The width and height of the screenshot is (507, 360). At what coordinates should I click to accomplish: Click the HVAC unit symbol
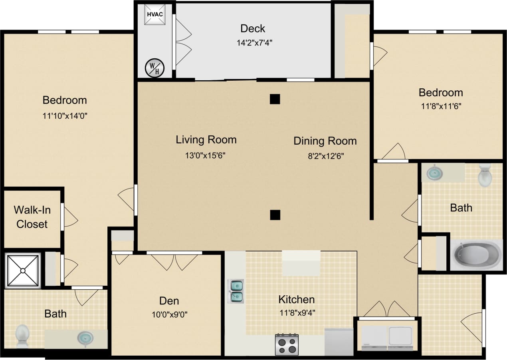click(x=154, y=14)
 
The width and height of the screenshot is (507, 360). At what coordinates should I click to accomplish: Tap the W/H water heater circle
click(x=154, y=67)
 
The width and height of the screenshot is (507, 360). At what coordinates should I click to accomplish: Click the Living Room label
click(x=206, y=139)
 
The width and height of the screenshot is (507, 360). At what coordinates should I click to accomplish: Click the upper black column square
click(x=274, y=99)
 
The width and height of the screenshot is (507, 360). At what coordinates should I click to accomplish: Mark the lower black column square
click(x=274, y=215)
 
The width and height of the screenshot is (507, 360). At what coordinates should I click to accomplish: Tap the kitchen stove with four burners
click(x=287, y=344)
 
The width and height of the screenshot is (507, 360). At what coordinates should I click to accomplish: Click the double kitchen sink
click(x=236, y=291)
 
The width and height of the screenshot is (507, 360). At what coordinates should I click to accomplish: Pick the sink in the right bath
click(x=434, y=173)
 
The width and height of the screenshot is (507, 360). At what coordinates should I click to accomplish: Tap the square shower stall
click(x=23, y=270)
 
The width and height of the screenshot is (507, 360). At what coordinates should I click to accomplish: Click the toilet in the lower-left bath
click(x=22, y=335)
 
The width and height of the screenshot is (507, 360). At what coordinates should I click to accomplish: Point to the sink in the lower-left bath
click(x=85, y=338)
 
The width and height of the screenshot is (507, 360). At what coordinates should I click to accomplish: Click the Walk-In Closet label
click(x=32, y=217)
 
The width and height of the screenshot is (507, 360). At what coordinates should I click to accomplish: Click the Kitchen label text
click(x=296, y=299)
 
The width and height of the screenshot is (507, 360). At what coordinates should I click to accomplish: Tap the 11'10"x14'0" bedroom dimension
click(x=65, y=116)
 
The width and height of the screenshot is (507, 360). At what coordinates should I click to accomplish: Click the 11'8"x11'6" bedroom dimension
click(x=441, y=107)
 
